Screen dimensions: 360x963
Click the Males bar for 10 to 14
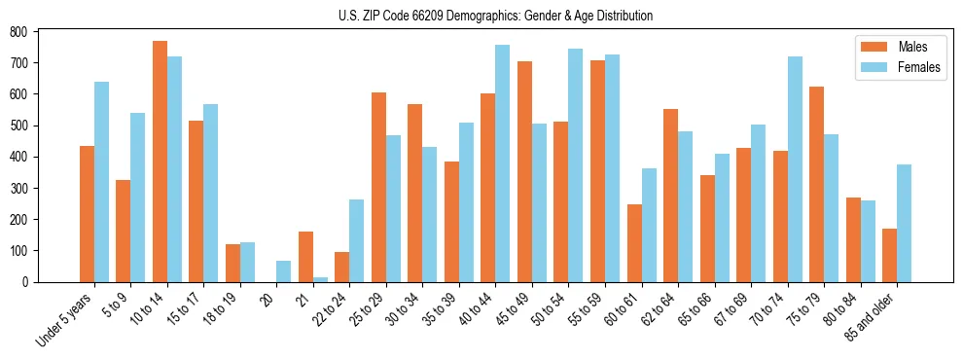160,162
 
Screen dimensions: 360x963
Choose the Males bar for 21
305,257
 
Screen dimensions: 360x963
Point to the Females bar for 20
283,271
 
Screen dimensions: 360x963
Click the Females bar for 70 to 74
794,169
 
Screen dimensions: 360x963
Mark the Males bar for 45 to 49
524,171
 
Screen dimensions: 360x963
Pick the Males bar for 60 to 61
634,243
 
